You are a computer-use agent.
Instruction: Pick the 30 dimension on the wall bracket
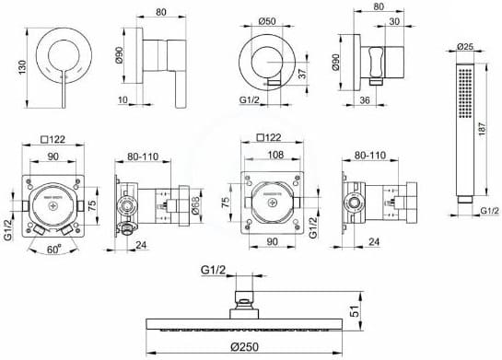(x=393, y=22)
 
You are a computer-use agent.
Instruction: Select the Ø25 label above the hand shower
(x=467, y=44)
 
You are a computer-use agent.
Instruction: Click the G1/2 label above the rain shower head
(x=213, y=270)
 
